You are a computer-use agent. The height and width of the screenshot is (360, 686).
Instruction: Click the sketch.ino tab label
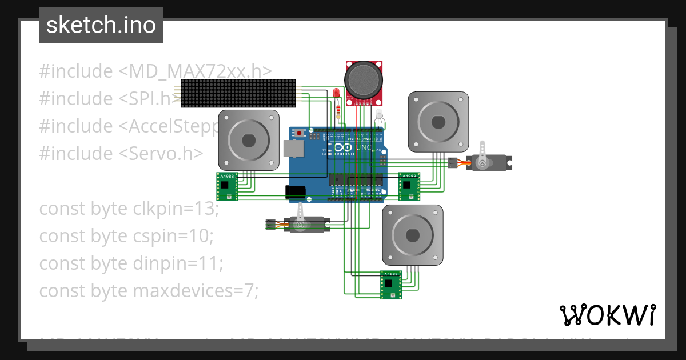(101, 25)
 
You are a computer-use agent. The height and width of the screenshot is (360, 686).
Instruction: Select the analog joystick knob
(363, 80)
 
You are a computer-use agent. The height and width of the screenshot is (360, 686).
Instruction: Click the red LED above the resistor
(337, 93)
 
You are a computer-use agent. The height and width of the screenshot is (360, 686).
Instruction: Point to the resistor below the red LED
(340, 111)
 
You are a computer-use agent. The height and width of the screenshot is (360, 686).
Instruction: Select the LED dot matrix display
(238, 94)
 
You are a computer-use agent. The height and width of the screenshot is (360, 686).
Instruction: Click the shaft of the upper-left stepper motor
(249, 140)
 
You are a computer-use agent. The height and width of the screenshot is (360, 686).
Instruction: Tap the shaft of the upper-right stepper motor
(438, 121)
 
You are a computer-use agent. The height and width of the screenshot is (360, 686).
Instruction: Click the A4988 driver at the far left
(227, 186)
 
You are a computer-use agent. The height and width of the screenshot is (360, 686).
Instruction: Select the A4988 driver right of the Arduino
(408, 186)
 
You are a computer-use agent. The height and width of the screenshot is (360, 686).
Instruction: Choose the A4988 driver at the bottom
(390, 285)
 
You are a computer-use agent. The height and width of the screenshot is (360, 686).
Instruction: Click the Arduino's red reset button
(300, 133)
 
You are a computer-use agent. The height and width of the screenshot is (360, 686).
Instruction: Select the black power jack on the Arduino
(296, 192)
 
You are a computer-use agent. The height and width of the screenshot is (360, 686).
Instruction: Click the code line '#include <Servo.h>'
(121, 153)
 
